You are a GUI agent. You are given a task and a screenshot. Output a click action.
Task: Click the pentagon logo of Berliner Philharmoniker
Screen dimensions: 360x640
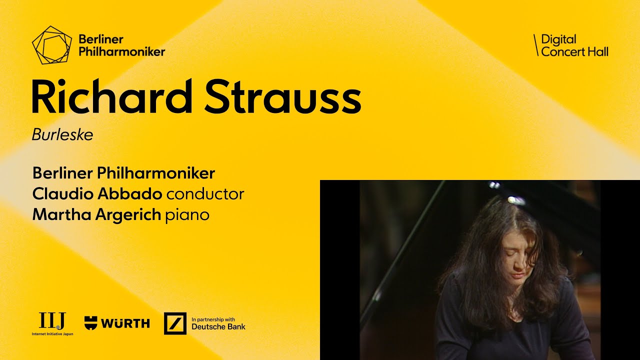51,45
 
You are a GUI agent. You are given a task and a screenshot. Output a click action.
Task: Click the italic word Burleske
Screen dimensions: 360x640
62,135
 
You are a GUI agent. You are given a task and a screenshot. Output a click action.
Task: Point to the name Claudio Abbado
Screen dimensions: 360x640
97,194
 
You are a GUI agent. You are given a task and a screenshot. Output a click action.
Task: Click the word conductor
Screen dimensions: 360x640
205,194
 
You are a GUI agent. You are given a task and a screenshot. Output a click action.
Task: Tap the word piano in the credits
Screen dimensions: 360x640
187,215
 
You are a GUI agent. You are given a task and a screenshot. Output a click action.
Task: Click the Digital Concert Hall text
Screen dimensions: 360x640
574,45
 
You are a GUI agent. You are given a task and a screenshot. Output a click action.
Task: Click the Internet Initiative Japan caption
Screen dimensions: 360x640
52,333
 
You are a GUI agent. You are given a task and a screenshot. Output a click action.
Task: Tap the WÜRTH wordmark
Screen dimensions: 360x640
125,323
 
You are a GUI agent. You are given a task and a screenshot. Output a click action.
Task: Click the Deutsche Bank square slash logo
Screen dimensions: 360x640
175,323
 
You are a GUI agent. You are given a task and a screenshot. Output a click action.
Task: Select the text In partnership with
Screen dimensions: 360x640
213,319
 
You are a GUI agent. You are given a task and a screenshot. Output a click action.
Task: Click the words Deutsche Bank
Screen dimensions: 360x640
218,327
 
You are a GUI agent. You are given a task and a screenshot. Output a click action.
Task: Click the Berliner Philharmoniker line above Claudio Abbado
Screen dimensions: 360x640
123,173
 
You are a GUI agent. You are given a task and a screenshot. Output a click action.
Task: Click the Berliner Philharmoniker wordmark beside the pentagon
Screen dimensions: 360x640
121,45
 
